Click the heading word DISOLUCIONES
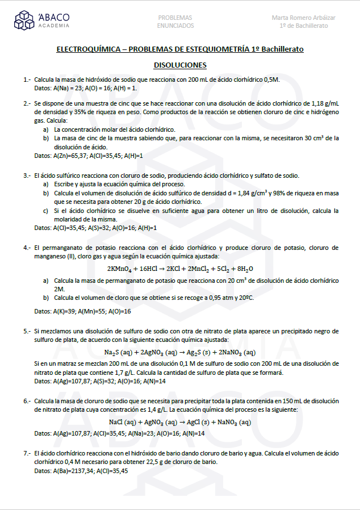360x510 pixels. [x=180, y=65]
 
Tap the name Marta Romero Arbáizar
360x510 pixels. [x=303, y=18]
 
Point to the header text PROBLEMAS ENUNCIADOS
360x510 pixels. [x=175, y=22]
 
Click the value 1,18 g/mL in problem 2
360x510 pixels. [x=325, y=104]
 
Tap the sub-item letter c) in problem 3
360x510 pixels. [x=45, y=211]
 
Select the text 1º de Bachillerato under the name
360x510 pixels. [x=303, y=26]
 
